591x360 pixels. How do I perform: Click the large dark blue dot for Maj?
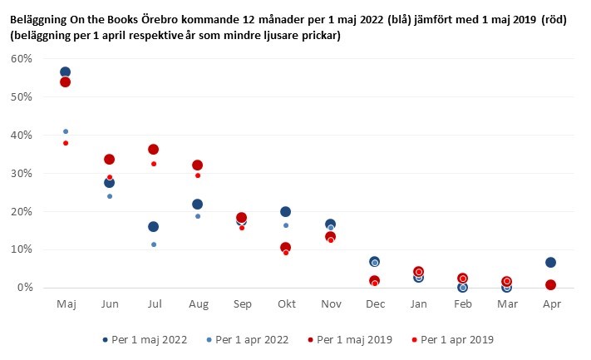pos(65,72)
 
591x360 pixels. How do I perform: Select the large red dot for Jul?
pos(153,150)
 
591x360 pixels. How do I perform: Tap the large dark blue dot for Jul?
pos(153,226)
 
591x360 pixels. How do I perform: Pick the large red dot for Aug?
pos(197,165)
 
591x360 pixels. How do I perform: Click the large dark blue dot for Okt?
pos(285,212)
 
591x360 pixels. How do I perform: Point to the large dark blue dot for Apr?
pos(549,263)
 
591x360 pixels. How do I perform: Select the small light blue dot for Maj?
pos(66,131)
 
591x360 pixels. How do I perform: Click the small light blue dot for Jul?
pos(154,244)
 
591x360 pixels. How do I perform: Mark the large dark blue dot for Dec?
pos(374,262)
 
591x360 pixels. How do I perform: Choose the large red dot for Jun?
pos(109,160)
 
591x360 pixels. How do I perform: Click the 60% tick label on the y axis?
pos(22,59)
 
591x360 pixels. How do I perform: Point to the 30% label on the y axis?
pos(22,174)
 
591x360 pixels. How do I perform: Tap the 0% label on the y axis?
pos(24,288)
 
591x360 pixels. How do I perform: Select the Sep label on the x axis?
pos(241,305)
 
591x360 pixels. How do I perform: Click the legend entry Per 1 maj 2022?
pos(149,340)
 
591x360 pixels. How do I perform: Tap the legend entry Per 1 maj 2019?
pos(355,340)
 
